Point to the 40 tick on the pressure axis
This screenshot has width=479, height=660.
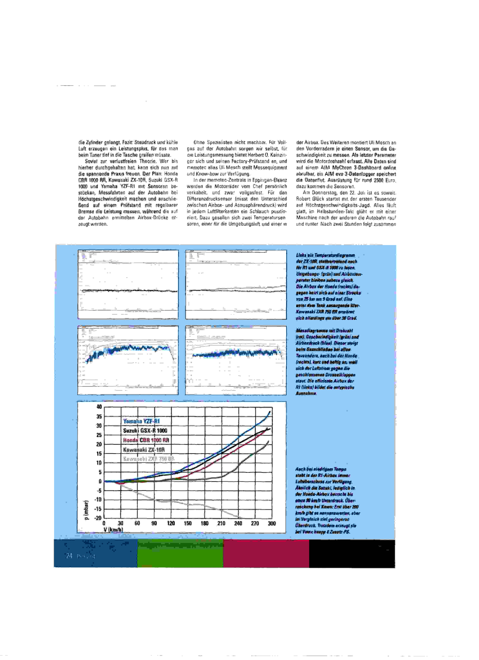[99, 407]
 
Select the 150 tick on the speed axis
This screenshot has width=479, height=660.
[188, 523]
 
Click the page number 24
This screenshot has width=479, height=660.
[69, 556]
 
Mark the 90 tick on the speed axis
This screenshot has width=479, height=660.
[154, 523]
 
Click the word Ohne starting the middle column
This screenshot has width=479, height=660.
[199, 143]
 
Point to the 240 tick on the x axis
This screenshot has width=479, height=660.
[238, 523]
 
